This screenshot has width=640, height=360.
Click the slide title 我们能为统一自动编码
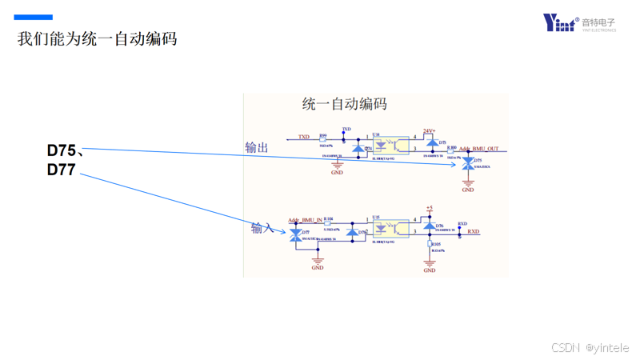[x=97, y=38]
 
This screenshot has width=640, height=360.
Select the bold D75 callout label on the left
[x=62, y=150]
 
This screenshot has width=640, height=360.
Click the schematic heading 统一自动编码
[x=345, y=104]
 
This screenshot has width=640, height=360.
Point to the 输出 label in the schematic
[x=257, y=147]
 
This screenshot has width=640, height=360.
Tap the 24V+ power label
[x=429, y=131]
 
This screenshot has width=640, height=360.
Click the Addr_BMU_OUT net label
[x=478, y=149]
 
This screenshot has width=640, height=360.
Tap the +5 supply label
[x=430, y=208]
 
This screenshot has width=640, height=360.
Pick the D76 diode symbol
[x=429, y=226]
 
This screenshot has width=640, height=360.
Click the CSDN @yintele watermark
[x=590, y=347]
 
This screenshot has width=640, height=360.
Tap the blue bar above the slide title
[x=34, y=17]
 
